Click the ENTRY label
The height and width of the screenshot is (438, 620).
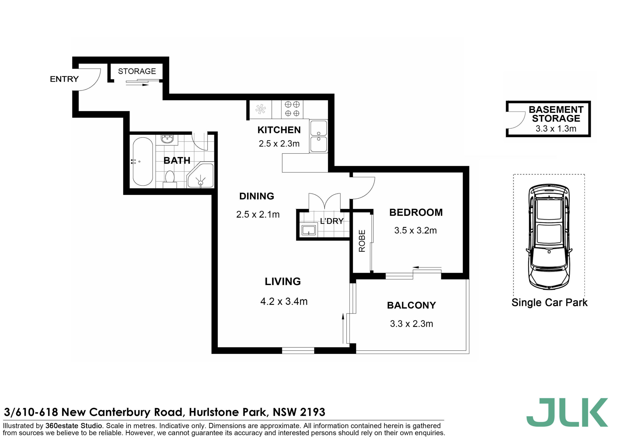(64, 79)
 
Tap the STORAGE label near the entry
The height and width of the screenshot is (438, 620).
(137, 71)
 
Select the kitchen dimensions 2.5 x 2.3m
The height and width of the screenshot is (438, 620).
(279, 143)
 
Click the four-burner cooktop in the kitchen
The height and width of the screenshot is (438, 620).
(292, 109)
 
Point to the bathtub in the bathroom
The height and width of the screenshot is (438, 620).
(143, 162)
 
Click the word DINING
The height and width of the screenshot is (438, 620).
(256, 196)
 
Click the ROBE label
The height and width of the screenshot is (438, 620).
(362, 241)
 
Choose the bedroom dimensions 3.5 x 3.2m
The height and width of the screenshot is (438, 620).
(415, 230)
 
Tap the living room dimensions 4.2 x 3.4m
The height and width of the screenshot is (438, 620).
(284, 302)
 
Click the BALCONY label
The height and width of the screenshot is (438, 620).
(411, 305)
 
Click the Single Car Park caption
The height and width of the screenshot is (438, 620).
(549, 302)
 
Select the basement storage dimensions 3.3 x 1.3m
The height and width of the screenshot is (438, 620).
(556, 128)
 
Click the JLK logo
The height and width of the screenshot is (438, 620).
(567, 412)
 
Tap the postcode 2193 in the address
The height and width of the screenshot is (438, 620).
(312, 412)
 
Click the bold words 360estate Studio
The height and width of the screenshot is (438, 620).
(74, 426)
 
